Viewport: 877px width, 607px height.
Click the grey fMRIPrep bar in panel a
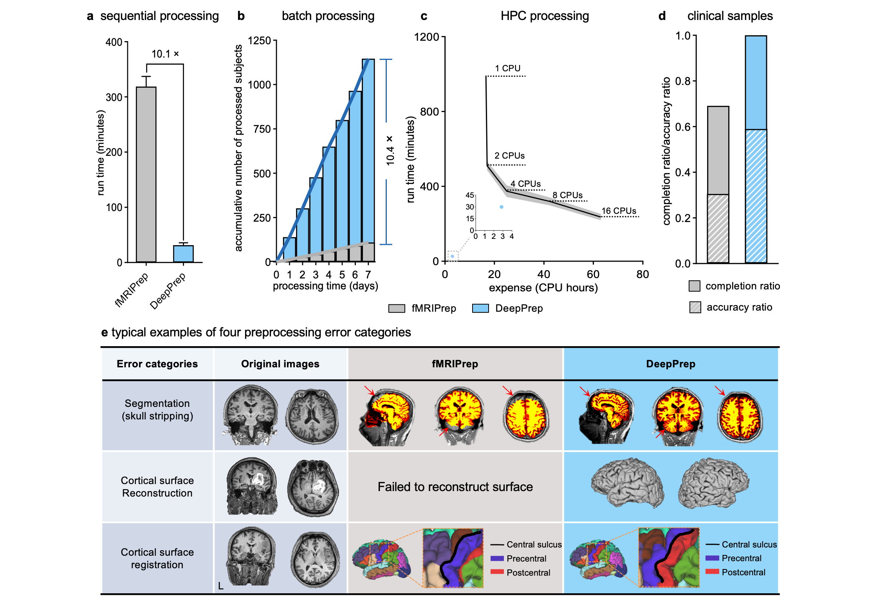click(146, 174)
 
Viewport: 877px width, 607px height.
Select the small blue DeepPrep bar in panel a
click(183, 254)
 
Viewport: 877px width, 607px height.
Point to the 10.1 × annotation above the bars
click(165, 54)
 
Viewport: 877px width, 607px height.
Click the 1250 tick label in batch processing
click(259, 41)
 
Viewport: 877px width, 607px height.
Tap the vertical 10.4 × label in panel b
click(390, 150)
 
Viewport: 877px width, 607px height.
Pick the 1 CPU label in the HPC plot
click(507, 68)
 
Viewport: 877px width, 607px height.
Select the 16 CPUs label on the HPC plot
click(619, 211)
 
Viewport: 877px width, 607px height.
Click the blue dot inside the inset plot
click(502, 207)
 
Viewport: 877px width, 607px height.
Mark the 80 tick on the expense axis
click(642, 275)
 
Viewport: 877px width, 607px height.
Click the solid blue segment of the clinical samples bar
click(756, 83)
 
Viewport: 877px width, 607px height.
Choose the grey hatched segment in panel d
click(718, 228)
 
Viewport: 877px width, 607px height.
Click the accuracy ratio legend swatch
click(695, 307)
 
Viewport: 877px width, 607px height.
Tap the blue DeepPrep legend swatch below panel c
click(480, 308)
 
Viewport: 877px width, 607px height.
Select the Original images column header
click(280, 364)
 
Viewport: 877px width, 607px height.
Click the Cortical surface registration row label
click(157, 558)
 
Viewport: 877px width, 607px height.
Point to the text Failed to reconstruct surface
click(455, 487)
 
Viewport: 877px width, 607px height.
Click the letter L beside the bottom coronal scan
click(221, 586)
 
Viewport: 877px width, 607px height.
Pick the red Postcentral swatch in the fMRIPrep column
click(497, 572)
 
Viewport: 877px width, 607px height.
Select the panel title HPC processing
click(545, 16)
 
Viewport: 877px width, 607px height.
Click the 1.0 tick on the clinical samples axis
click(683, 36)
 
